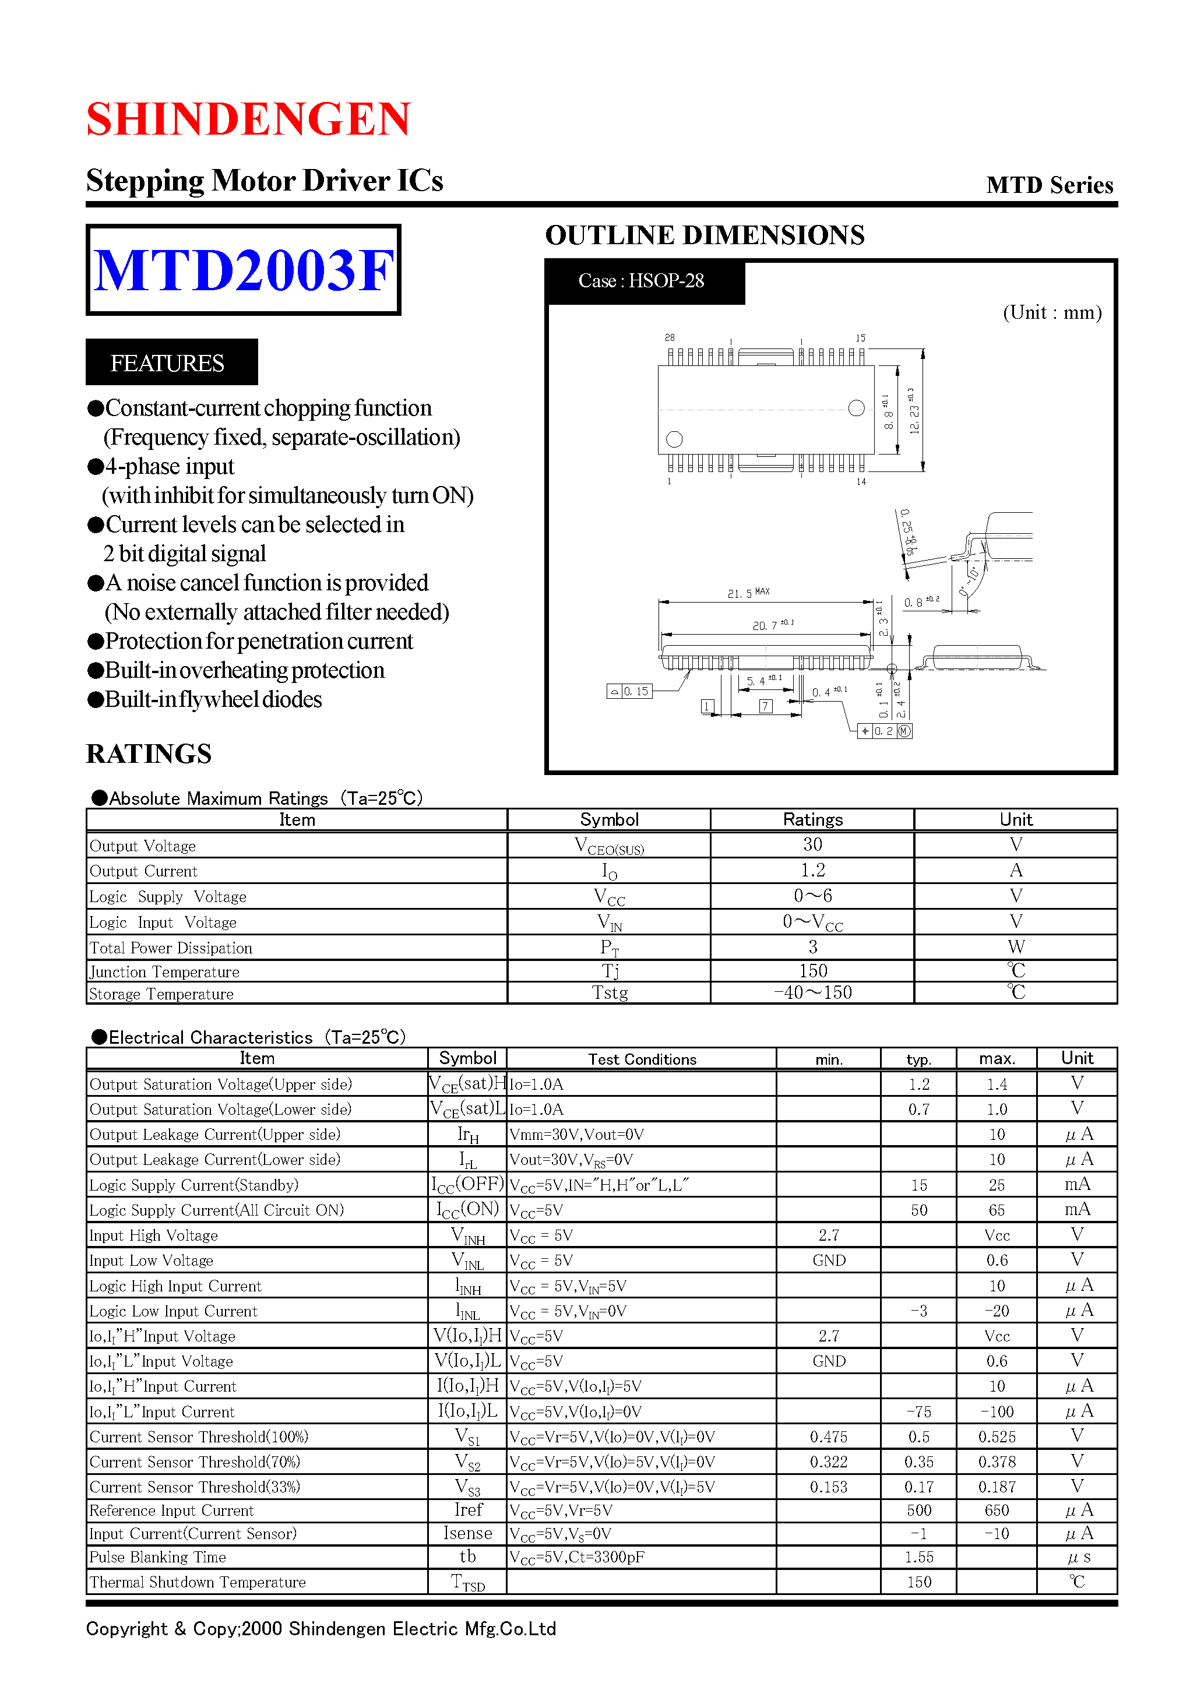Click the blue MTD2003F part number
pyautogui.click(x=243, y=270)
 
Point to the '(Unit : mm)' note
pyautogui.click(x=1051, y=312)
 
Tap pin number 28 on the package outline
pyautogui.click(x=670, y=337)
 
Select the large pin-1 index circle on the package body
pyautogui.click(x=674, y=439)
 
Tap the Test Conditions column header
pyautogui.click(x=642, y=1059)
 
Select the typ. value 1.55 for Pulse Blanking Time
pyautogui.click(x=918, y=1557)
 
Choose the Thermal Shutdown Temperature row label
pyautogui.click(x=198, y=1582)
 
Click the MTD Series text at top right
pyautogui.click(x=1049, y=185)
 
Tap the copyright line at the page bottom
pyautogui.click(x=321, y=1628)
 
